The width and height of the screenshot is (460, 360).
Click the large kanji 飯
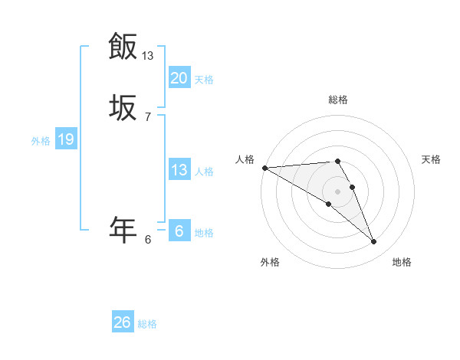pos(123,46)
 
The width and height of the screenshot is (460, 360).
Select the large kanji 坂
pos(123,108)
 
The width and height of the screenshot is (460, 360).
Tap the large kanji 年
pos(123,229)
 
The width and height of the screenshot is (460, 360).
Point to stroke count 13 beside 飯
pos(148,55)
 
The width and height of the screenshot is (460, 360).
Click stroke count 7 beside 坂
pos(148,116)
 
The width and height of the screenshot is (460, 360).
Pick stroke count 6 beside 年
pos(148,239)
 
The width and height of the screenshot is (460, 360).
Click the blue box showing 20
pos(179,78)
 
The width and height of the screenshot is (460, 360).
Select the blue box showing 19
pos(65,139)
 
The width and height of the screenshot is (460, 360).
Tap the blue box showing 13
pos(179,170)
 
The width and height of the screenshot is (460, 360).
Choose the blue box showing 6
pos(179,231)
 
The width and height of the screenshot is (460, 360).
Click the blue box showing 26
pos(123,322)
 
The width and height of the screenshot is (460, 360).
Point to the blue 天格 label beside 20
pos(204,80)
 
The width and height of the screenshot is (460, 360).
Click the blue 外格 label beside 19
pos(41,141)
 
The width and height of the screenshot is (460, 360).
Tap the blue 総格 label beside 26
pos(147,324)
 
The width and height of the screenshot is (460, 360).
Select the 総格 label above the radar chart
pos(338,100)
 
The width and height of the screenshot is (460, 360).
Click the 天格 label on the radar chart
pos(432,159)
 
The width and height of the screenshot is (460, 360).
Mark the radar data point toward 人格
pos(264,168)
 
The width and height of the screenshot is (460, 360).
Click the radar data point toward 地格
pos(373,241)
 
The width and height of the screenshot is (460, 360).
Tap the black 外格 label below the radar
pos(270,262)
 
